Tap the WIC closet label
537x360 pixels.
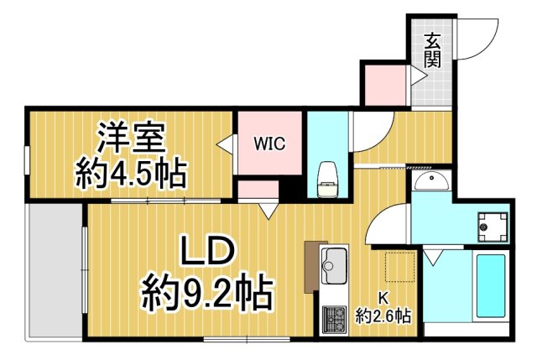(x=270, y=143)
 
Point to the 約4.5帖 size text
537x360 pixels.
(x=131, y=173)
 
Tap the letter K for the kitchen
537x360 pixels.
(x=383, y=296)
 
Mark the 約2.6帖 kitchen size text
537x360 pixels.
(x=383, y=316)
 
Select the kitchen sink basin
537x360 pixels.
(x=336, y=269)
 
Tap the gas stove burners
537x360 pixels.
(x=335, y=320)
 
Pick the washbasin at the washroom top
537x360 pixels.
(x=431, y=182)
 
